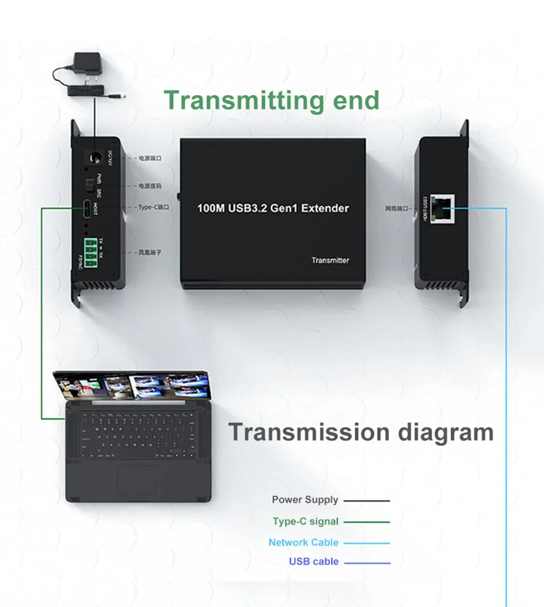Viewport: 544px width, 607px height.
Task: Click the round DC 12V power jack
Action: (88, 159)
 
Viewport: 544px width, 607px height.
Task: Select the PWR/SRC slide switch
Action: (89, 186)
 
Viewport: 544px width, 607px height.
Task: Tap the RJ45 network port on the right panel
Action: (442, 208)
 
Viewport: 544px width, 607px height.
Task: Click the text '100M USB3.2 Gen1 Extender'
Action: (273, 208)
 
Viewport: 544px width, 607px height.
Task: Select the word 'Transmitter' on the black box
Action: (330, 260)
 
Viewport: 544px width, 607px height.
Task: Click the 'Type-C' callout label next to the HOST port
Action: (154, 207)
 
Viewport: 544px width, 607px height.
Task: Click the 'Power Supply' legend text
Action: (305, 499)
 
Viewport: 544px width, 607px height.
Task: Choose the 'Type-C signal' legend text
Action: (305, 521)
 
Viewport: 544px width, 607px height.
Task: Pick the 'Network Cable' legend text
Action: (303, 542)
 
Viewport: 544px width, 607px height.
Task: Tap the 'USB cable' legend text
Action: (313, 562)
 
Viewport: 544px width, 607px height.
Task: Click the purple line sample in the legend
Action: (367, 563)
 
